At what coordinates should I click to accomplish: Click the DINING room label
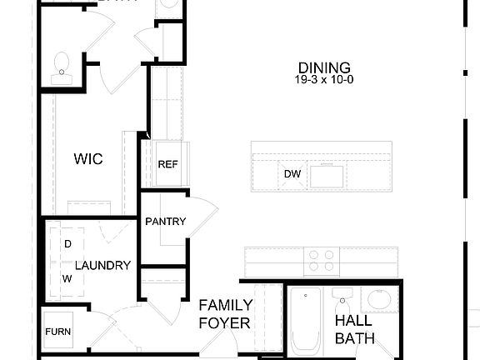[324, 67]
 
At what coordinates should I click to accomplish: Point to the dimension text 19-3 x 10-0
[324, 81]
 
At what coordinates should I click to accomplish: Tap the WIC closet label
[89, 158]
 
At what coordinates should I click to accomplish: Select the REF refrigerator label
[167, 164]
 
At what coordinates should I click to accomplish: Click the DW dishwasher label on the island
[292, 174]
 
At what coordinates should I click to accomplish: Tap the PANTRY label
[165, 222]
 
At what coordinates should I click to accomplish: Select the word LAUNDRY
[102, 266]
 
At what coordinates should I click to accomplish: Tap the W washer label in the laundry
[67, 280]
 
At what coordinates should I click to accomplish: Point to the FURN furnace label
[57, 332]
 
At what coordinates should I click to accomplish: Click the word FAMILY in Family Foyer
[224, 305]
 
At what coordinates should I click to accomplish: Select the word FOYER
[224, 322]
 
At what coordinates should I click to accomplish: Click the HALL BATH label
[354, 329]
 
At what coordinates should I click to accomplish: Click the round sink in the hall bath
[380, 301]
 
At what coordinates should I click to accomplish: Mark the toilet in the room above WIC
[62, 67]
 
